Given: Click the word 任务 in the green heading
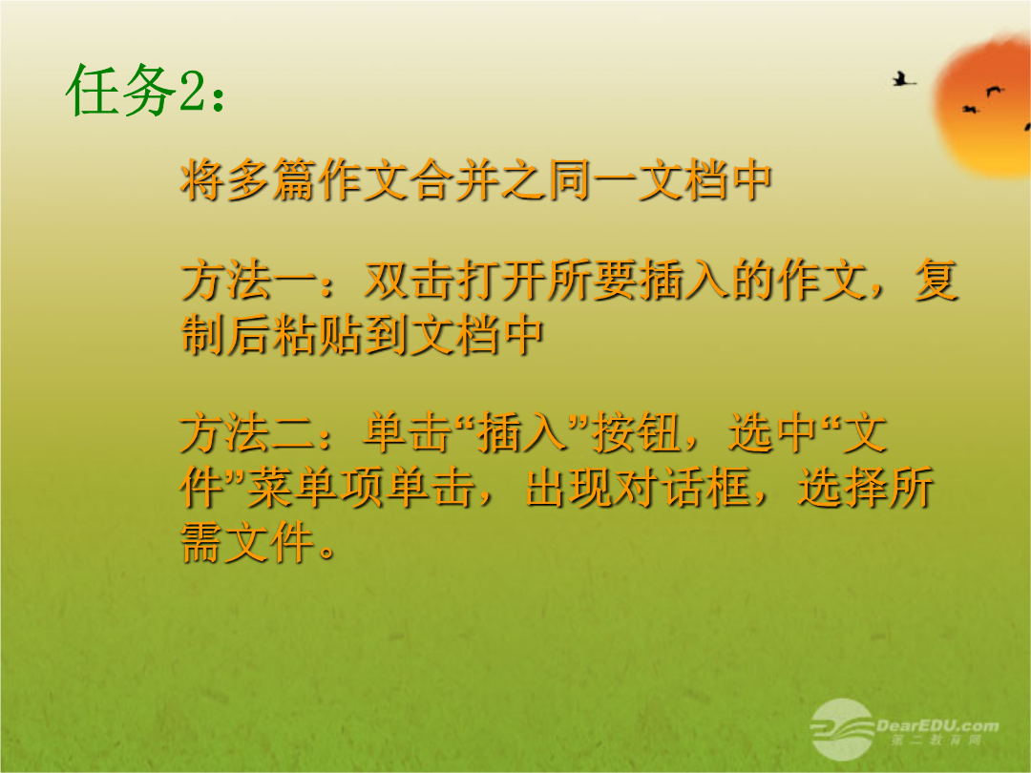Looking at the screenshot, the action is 121,91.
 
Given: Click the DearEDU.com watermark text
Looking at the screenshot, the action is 937,725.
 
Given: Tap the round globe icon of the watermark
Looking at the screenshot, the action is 842,729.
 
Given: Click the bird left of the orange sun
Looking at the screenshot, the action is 904,80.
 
